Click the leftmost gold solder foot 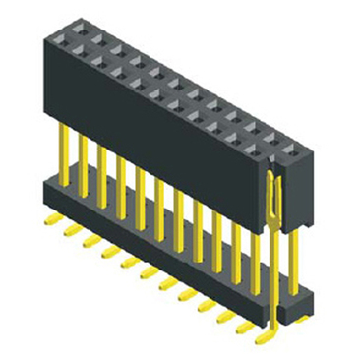(x=50, y=218)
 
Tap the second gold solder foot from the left (x=70, y=228)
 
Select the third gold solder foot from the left (x=90, y=239)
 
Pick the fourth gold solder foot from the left (x=108, y=250)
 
